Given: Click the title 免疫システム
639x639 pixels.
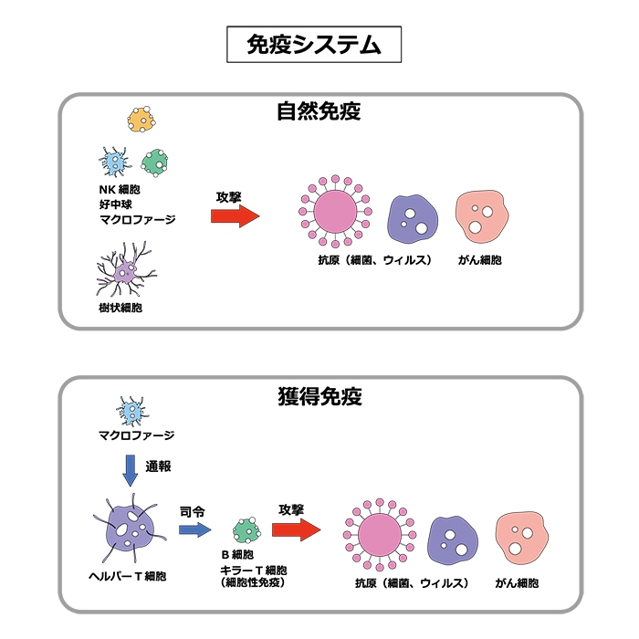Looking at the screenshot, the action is click(x=314, y=45).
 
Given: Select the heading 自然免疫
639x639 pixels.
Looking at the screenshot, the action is click(x=319, y=111).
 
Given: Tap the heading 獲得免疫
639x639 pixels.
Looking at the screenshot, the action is click(x=319, y=396).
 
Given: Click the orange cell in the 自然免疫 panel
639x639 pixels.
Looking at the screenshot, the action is click(x=141, y=119).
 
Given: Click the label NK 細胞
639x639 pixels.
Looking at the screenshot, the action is click(x=120, y=190).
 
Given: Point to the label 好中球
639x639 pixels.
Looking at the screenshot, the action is click(x=115, y=204).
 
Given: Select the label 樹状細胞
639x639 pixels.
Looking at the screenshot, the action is click(x=120, y=308).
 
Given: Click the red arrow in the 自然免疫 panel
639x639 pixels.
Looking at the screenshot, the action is click(x=236, y=216).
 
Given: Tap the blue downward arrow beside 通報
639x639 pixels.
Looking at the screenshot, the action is click(x=130, y=471).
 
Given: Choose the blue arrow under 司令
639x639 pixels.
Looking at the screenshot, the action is click(x=195, y=529).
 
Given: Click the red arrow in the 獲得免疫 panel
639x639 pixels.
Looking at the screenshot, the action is click(x=297, y=529).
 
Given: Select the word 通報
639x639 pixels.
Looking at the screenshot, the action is click(x=158, y=466).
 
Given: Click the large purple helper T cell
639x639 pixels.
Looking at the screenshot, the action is click(x=130, y=529).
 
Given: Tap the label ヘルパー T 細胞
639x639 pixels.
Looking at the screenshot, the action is click(x=128, y=576).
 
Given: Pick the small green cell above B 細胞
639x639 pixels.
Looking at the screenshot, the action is click(x=246, y=530).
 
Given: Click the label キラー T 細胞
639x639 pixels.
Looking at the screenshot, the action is click(x=254, y=570).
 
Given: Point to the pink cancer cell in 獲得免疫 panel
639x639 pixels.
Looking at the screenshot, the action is click(x=521, y=538).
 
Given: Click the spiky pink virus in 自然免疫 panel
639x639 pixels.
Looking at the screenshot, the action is click(x=335, y=212).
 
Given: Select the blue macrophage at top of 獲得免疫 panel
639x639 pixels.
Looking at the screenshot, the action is click(x=132, y=412).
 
